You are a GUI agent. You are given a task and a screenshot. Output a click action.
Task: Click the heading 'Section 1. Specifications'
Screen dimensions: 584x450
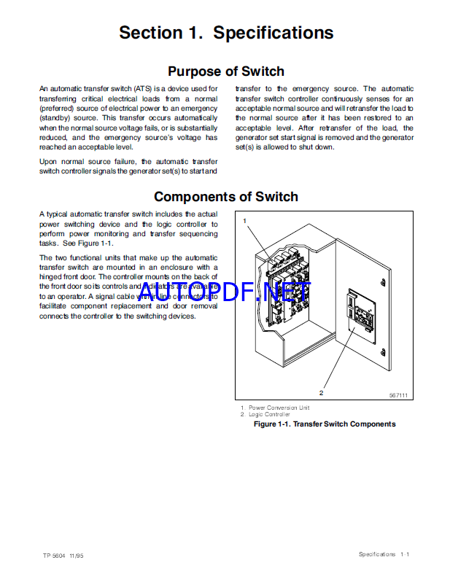click(226, 33)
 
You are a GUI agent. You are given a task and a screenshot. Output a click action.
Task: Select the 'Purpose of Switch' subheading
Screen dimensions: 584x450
click(226, 71)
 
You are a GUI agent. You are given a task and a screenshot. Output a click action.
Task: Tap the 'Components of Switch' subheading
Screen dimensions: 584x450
click(226, 196)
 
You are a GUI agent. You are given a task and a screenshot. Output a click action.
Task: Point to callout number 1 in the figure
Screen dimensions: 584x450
click(245, 220)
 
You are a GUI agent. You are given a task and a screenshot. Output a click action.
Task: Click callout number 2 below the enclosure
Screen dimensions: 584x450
click(321, 392)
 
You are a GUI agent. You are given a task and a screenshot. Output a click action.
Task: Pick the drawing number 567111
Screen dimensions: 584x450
click(397, 394)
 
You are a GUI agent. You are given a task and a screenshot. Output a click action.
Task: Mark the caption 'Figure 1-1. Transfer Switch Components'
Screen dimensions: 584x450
click(324, 424)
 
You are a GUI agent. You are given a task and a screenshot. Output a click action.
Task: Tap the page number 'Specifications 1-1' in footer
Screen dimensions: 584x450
click(384, 555)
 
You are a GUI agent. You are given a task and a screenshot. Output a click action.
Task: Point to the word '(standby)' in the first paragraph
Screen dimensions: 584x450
click(56, 117)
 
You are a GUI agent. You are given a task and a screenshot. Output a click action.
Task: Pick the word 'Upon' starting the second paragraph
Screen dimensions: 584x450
click(47, 160)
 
